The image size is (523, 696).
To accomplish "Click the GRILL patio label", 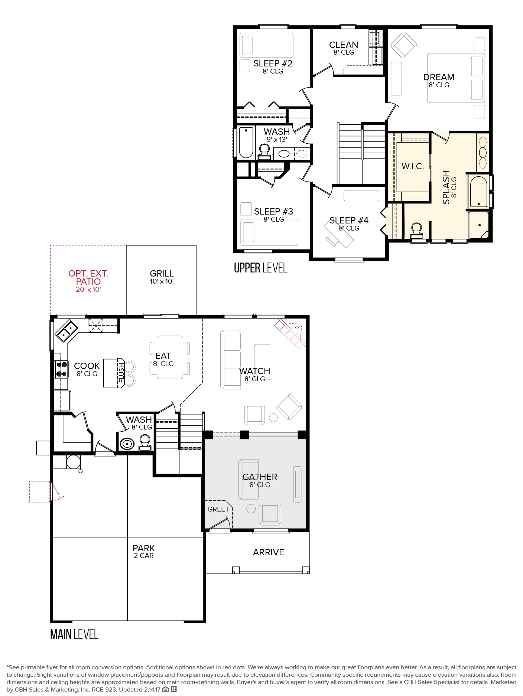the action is tap(162, 274).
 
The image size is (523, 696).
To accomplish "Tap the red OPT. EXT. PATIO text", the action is tap(88, 278).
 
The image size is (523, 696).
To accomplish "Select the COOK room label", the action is tap(87, 366).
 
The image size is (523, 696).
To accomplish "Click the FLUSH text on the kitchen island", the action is tap(121, 373).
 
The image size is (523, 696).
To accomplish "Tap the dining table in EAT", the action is tap(170, 357).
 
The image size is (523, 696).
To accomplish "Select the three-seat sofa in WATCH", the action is tap(231, 360).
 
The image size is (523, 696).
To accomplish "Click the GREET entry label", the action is tap(218, 509).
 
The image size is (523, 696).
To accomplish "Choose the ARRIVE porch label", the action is tap(269, 552).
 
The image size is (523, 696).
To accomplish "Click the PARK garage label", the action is tap(144, 548).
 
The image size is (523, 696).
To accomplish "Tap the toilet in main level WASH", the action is tap(145, 442).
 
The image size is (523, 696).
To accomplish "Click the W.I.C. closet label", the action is tap(413, 166).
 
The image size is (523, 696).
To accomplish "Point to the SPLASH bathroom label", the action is tap(446, 187).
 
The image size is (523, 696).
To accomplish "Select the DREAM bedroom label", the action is tap(439, 77).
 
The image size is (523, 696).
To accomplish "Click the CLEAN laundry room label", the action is tap(344, 45).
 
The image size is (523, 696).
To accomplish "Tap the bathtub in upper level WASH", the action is tap(246, 143).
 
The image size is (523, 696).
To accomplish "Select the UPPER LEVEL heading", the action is tap(260, 268).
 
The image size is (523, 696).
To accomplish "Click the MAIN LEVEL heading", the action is tap(74, 634).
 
